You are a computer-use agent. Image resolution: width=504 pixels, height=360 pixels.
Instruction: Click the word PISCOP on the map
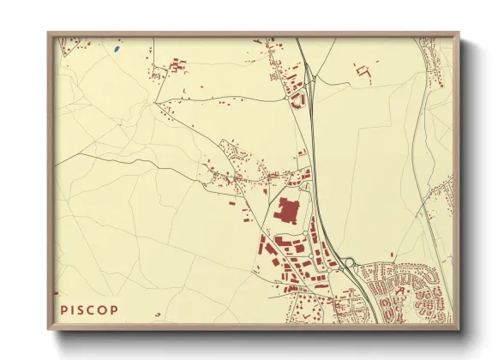tap(90, 309)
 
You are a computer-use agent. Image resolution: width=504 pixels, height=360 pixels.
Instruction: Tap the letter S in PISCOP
tap(81, 309)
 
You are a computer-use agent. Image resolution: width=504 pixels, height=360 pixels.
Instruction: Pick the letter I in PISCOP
tap(72, 309)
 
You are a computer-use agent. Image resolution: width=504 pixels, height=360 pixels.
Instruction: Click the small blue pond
tap(116, 49)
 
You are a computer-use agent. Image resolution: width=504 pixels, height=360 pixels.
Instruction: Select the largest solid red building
tap(287, 211)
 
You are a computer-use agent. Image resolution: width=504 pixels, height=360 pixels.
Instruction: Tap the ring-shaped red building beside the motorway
tap(298, 99)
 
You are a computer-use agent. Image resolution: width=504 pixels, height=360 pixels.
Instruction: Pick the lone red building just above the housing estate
tap(391, 255)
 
